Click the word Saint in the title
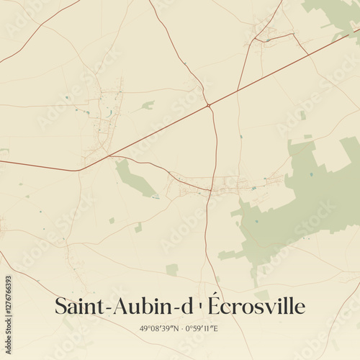pyautogui.click(x=78, y=306)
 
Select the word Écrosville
pyautogui.click(x=256, y=306)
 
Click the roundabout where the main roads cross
pyautogui.click(x=209, y=106)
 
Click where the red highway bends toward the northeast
pyautogui.click(x=81, y=169)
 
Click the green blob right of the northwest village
pyautogui.click(x=148, y=105)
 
